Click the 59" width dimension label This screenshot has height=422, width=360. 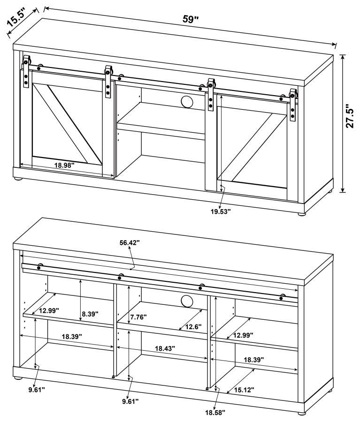191,20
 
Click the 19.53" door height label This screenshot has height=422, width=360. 221,211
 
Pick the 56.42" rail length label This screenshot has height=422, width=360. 130,243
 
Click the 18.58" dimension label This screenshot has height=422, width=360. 214,412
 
